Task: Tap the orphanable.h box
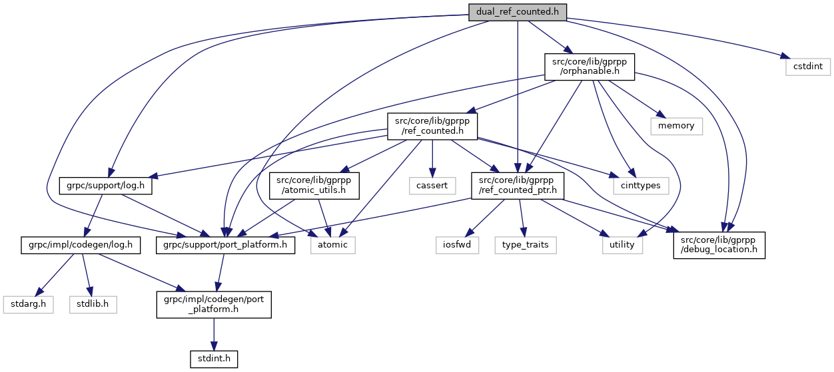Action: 590,67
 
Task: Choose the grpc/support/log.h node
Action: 107,186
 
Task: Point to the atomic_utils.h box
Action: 314,186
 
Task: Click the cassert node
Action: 432,186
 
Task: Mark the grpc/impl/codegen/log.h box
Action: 80,244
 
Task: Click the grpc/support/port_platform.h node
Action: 226,244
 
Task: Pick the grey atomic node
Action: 333,244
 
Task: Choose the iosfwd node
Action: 458,244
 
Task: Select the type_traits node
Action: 526,244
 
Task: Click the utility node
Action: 623,244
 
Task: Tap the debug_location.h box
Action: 719,244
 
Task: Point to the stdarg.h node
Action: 27,304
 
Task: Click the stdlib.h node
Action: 93,304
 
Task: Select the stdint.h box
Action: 214,359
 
